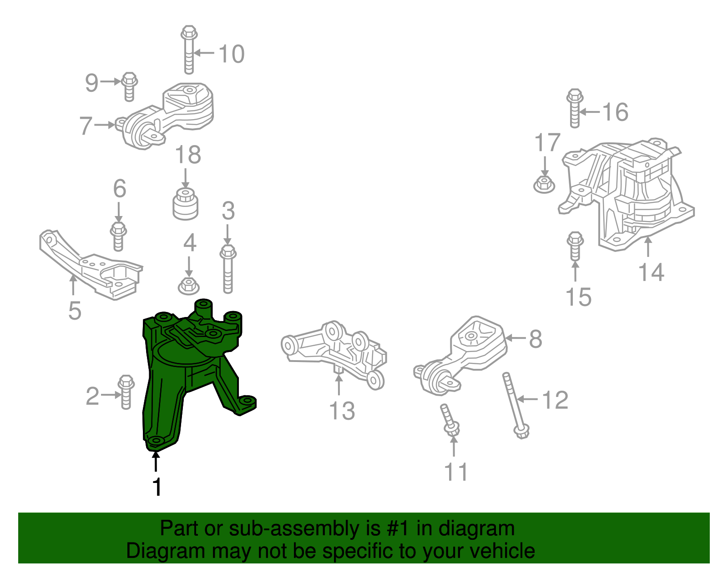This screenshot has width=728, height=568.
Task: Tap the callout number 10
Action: coord(232,54)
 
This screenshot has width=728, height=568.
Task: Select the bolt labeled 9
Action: coord(129,87)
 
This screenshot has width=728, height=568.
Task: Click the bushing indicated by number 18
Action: coord(186,204)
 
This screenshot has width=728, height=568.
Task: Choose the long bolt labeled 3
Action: coord(228,269)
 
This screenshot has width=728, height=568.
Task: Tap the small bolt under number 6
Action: coord(118,236)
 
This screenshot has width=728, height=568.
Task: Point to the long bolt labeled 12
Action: coord(516,406)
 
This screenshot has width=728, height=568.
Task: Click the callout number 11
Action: coord(455,472)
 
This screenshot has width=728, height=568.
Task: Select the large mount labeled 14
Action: coord(627,194)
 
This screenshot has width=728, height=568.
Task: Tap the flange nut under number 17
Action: coord(544,185)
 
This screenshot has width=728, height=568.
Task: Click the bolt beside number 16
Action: coord(575,108)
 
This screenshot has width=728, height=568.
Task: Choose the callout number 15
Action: coord(578,297)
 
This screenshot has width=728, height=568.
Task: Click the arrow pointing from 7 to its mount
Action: coord(105,125)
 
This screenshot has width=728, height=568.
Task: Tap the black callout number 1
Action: coord(157,487)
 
